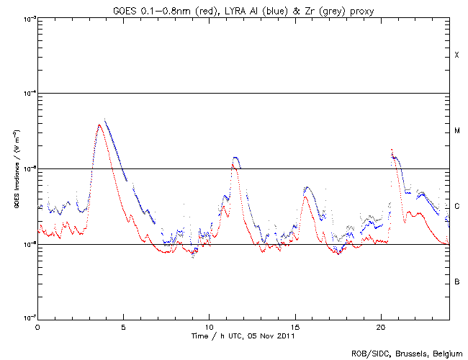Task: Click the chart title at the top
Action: coord(243,9)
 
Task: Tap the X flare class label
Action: coord(456,55)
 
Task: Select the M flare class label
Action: coord(456,131)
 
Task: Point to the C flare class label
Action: coord(456,207)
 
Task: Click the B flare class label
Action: coord(456,282)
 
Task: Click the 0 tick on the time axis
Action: coord(37,327)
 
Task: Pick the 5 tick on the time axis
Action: coord(123,327)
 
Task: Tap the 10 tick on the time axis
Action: coord(209,327)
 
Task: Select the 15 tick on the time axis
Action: coord(294,327)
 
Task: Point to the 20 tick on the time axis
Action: coord(380,327)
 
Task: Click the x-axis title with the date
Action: coord(243,336)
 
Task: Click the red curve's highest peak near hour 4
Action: coord(99,125)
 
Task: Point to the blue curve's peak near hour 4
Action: coord(105,120)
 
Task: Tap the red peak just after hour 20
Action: coord(392,150)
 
